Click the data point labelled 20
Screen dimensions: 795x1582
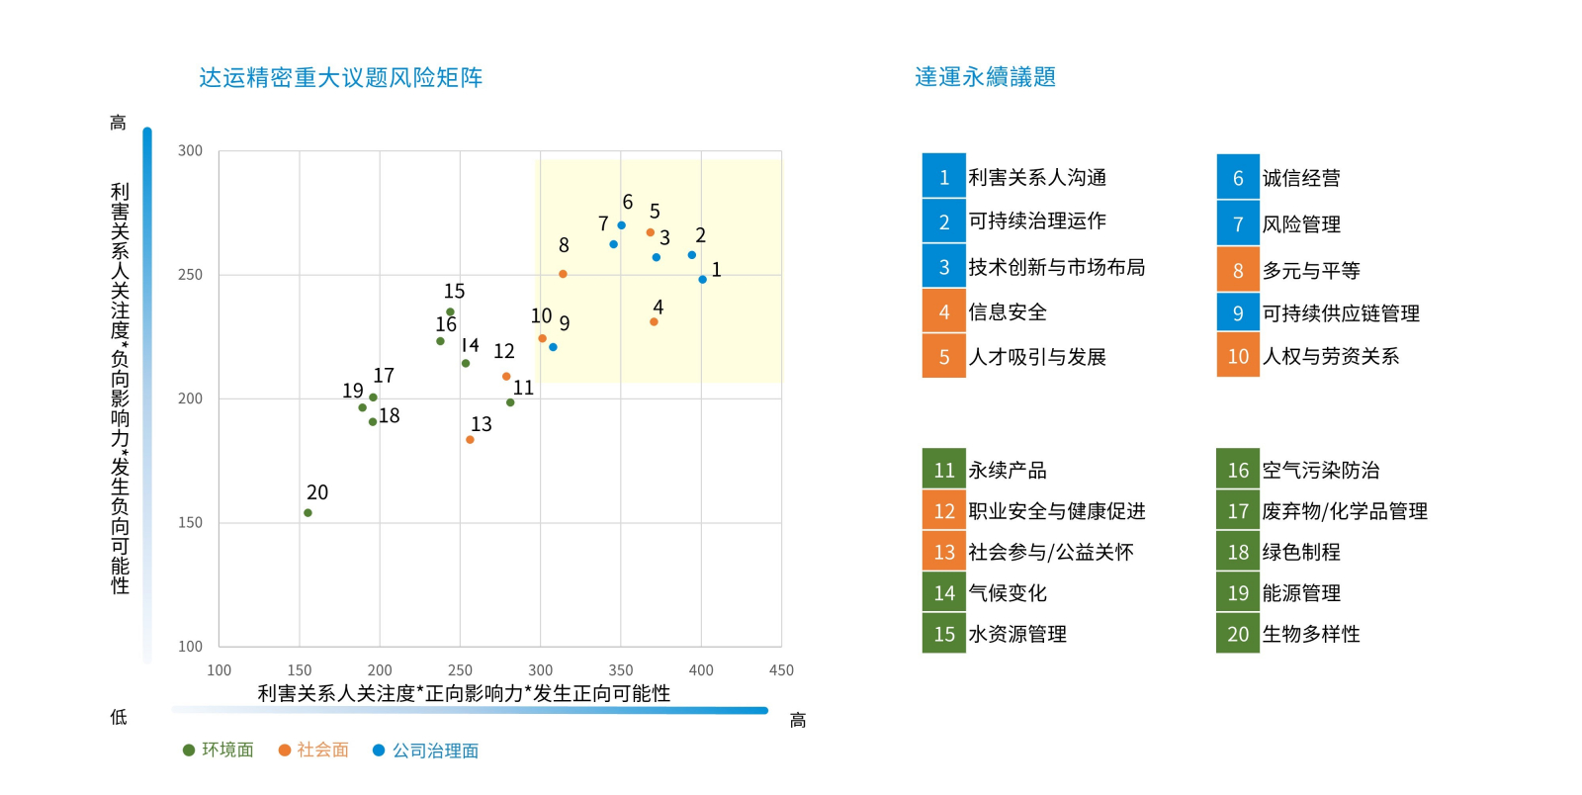[x=308, y=513]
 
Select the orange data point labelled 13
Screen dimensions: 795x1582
[x=470, y=440]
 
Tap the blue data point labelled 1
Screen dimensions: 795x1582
[x=703, y=280]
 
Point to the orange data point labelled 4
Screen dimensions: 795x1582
[x=654, y=322]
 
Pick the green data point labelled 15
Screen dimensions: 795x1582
[x=450, y=312]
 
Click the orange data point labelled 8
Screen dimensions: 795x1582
[x=563, y=274]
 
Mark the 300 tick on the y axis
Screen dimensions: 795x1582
[x=190, y=151]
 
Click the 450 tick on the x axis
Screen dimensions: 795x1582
[x=781, y=670]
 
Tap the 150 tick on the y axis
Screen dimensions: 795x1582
[x=190, y=523]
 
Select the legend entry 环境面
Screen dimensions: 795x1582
[x=219, y=751]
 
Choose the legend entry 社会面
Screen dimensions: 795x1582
[x=314, y=751]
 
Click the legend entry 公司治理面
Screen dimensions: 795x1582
[x=426, y=751]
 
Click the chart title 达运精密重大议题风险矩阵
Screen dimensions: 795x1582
[x=341, y=77]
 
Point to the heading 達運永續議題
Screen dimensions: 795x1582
[x=985, y=77]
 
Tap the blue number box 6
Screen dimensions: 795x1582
[x=1238, y=178]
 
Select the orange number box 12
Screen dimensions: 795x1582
[x=944, y=511]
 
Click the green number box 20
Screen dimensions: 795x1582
[x=1238, y=634]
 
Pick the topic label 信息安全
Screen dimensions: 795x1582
[x=1008, y=312]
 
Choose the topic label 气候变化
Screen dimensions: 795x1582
[x=1008, y=593]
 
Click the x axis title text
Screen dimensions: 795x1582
[x=464, y=693]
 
